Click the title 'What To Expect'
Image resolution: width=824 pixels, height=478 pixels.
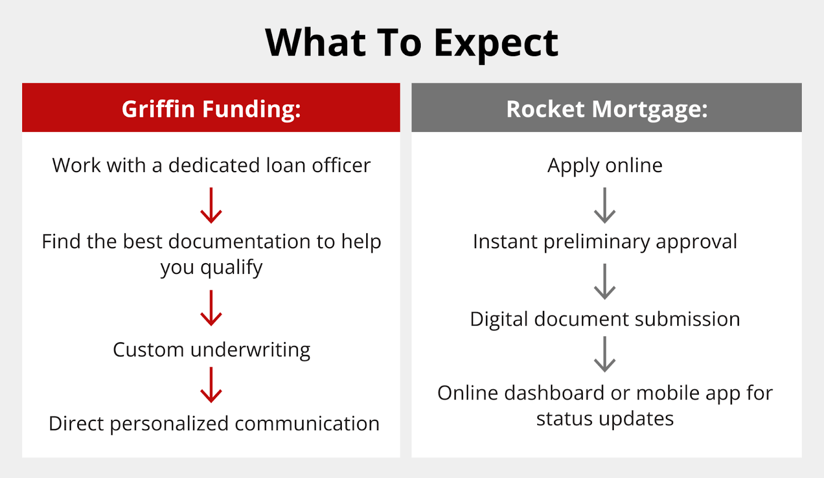411,43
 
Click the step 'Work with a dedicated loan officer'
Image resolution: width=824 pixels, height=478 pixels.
211,165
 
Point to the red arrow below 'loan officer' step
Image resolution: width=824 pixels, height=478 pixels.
211,206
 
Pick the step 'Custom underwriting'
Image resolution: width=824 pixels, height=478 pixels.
212,349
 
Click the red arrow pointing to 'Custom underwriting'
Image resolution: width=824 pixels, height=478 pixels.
211,308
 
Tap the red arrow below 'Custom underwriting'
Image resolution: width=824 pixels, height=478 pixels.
211,385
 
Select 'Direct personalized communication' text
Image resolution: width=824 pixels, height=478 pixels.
214,423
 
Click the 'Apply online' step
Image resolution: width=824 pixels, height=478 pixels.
605,165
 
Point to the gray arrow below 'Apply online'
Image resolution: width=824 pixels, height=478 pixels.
605,206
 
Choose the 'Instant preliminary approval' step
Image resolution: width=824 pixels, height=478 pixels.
605,242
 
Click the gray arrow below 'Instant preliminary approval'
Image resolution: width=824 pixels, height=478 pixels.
605,282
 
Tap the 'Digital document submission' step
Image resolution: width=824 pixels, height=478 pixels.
605,319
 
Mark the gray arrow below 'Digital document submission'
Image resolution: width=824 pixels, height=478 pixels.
605,354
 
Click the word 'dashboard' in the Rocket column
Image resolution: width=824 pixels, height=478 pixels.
554,392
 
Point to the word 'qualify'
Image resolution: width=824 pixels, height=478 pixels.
232,267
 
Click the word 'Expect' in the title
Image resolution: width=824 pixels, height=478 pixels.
496,45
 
